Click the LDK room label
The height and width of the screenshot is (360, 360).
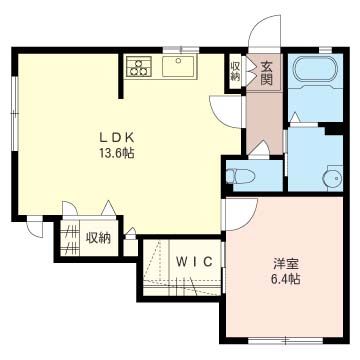tap(116, 137)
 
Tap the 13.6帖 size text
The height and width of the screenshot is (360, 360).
tap(116, 153)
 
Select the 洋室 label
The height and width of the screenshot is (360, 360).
tap(285, 264)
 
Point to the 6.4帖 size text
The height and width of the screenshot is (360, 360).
tap(285, 278)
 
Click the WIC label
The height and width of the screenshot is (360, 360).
tap(194, 262)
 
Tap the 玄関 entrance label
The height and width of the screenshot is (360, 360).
tap(267, 73)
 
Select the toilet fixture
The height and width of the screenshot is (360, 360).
tap(240, 176)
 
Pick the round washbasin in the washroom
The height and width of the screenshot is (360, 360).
tap(333, 178)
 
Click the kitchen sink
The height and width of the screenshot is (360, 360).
tap(178, 66)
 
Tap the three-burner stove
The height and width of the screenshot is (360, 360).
tap(139, 66)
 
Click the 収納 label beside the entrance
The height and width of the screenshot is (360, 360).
tap(235, 72)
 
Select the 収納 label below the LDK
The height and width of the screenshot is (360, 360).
tap(99, 238)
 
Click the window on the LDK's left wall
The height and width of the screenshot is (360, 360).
tap(14, 113)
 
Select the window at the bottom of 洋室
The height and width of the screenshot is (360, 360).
tap(286, 340)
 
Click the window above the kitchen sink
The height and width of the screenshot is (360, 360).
tap(181, 50)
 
